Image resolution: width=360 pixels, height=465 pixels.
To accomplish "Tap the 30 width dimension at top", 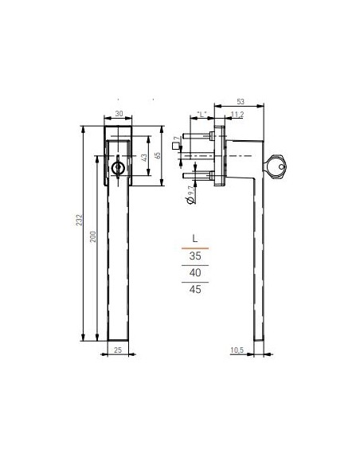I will (119, 115).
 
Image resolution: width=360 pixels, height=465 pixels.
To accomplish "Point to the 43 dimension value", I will (144, 158).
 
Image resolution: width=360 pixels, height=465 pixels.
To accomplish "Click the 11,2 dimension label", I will (237, 115).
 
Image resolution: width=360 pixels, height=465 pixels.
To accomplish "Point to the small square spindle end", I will (176, 143).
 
